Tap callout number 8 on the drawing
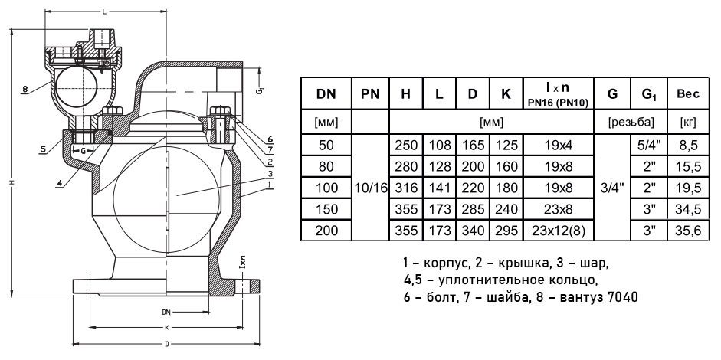(x=25, y=90)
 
